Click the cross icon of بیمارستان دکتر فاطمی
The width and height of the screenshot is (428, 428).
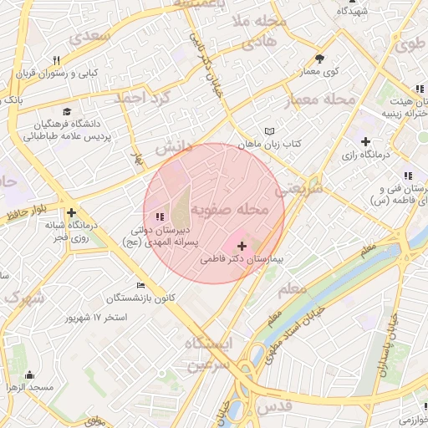pyautogui.click(x=242, y=247)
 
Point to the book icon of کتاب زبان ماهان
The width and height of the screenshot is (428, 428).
pyautogui.click(x=268, y=131)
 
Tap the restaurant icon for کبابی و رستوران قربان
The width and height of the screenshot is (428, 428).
pyautogui.click(x=57, y=60)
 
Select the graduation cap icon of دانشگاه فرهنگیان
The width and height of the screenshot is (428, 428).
pyautogui.click(x=66, y=112)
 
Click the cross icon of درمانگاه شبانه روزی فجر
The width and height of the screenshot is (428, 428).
pyautogui.click(x=72, y=213)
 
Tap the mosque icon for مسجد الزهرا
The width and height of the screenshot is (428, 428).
pyautogui.click(x=31, y=374)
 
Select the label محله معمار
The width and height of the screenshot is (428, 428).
pyautogui.click(x=321, y=100)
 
